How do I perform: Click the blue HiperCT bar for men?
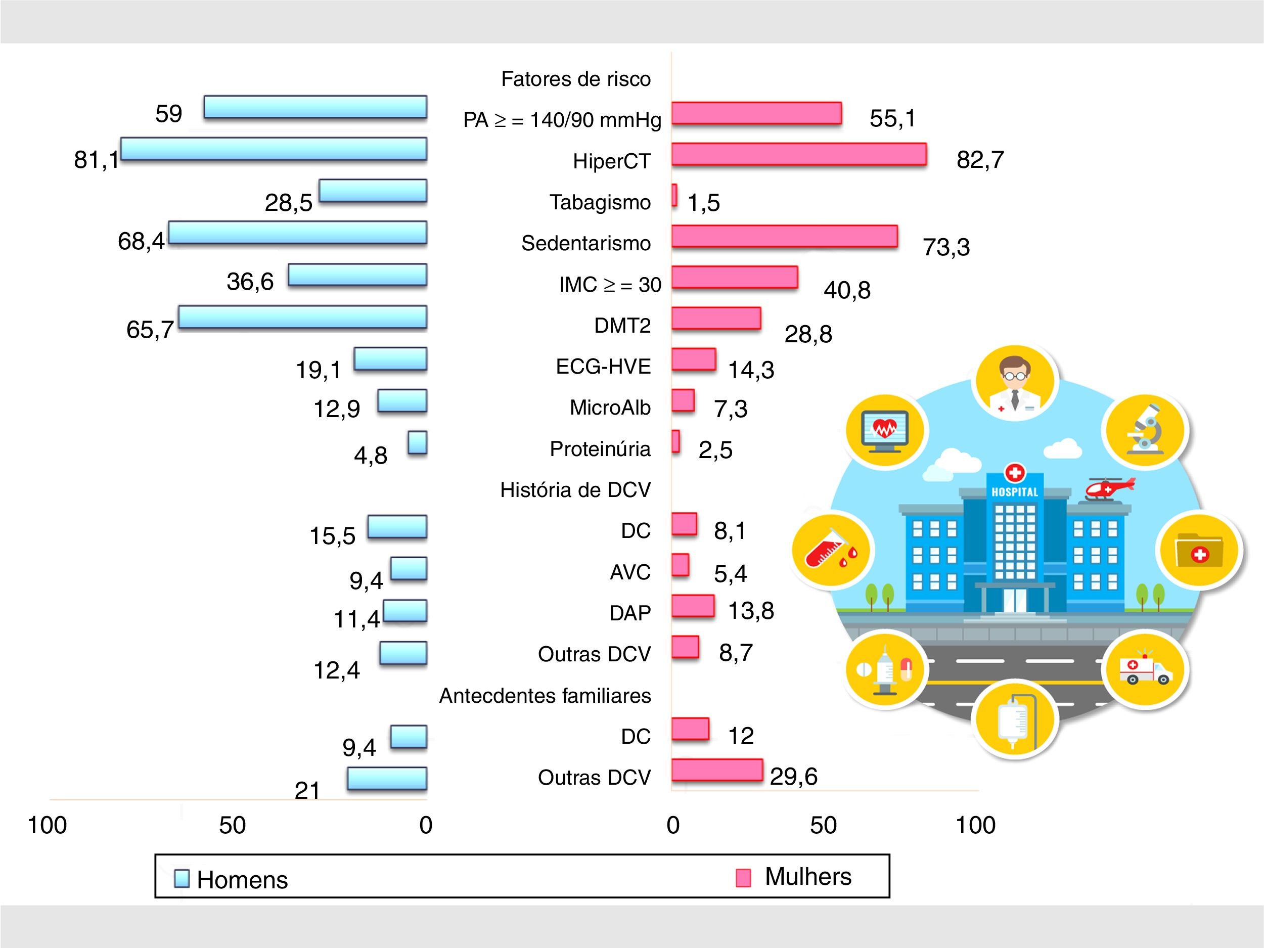coord(274,149)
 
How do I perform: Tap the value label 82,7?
coord(980,160)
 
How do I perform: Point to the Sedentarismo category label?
coord(585,243)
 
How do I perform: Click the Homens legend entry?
coord(232,879)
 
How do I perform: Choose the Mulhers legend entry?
coord(795,877)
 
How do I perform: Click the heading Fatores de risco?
coord(575,79)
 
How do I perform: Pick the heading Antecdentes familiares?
coord(545,695)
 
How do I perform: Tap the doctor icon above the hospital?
coord(1015,383)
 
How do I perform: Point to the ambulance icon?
coord(1145,670)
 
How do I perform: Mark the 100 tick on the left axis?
coord(48,825)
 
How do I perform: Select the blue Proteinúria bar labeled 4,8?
coord(418,443)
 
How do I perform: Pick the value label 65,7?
coord(150,330)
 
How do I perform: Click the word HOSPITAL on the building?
coord(1014,492)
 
